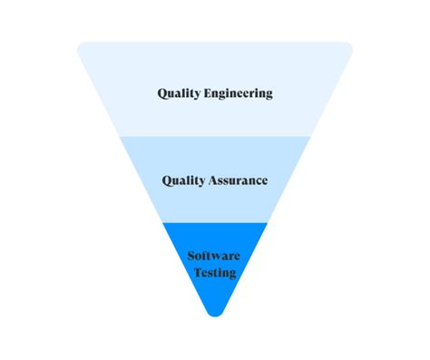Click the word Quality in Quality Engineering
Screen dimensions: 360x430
(x=180, y=93)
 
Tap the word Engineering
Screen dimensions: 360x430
(x=239, y=93)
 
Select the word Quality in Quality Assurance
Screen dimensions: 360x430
(x=184, y=180)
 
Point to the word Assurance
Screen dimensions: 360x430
(x=238, y=180)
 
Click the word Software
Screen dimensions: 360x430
(x=214, y=257)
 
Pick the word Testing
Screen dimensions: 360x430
(x=214, y=272)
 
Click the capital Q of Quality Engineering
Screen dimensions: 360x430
(x=162, y=92)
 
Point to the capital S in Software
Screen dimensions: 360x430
(x=191, y=257)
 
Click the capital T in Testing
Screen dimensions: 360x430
(x=196, y=272)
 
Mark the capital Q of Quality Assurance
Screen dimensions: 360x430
(x=168, y=180)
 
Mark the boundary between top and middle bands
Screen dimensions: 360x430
(x=215, y=136)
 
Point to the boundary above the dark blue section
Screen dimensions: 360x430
(x=215, y=222)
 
